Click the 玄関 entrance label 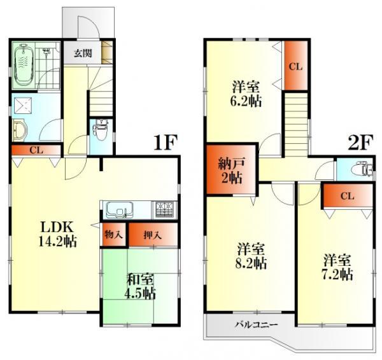tap(81, 53)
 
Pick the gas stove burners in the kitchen tap(165, 208)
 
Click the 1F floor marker tap(164, 142)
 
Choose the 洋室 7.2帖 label tap(337, 267)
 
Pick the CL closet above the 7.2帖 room tap(346, 196)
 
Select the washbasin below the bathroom tap(18, 130)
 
